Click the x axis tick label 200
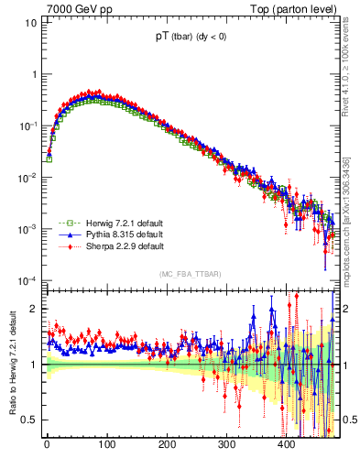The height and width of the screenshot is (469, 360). coord(167,445)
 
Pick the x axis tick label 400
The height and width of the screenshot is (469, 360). coord(287,445)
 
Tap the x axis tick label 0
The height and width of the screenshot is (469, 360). coord(47,445)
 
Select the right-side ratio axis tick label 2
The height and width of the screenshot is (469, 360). coord(347,309)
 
